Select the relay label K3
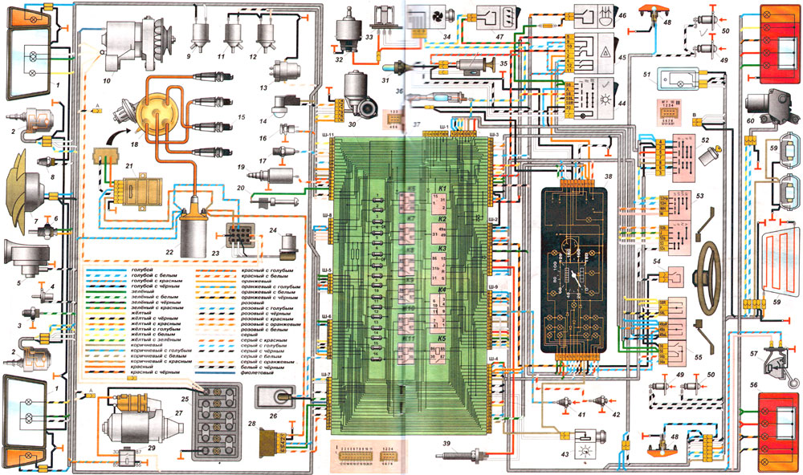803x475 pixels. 442,249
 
